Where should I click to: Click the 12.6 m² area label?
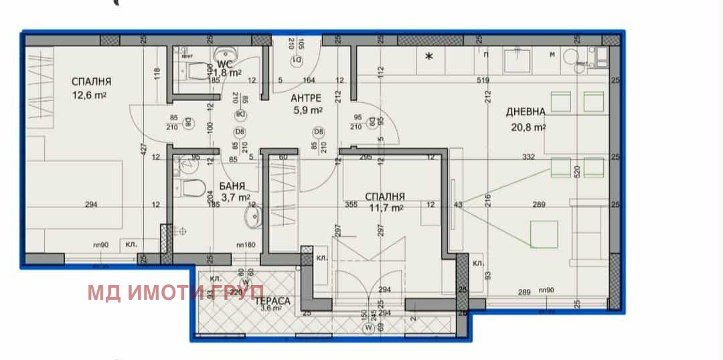point(92,96)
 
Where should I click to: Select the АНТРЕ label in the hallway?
point(307,98)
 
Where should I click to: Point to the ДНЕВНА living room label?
point(526,112)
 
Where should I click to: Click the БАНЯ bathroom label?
point(231,186)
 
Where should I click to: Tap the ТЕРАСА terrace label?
point(272,301)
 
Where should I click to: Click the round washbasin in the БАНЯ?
point(254,216)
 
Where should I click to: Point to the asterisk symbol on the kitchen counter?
point(430,57)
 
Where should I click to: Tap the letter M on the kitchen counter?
point(552,54)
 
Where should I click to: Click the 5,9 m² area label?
point(307,110)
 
